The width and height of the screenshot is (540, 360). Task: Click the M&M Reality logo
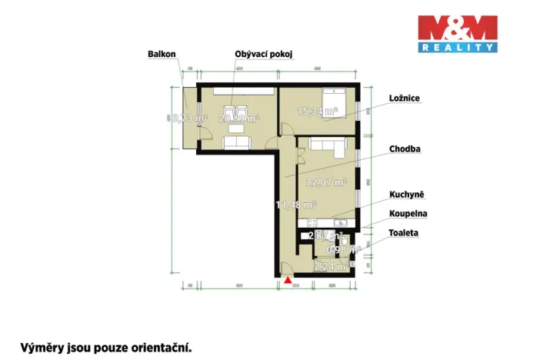pos(457,33)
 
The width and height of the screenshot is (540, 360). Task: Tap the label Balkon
pos(162,54)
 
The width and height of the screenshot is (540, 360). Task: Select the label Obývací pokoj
pos(265,54)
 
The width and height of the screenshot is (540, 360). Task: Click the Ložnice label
pos(403,98)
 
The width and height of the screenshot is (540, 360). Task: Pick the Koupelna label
pos(408,214)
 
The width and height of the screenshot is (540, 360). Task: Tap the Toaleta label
pos(404,232)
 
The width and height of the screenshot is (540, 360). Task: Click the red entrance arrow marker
pos(288,281)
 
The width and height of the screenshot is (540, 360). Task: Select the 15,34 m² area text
pos(318,112)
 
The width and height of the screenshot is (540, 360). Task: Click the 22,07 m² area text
pos(326,182)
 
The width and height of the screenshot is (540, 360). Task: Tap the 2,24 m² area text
pos(332,267)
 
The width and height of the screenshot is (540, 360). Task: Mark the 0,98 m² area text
pos(344,249)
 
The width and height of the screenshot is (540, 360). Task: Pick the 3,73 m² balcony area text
pos(187,118)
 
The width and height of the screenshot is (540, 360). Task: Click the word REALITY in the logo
pos(457,48)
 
